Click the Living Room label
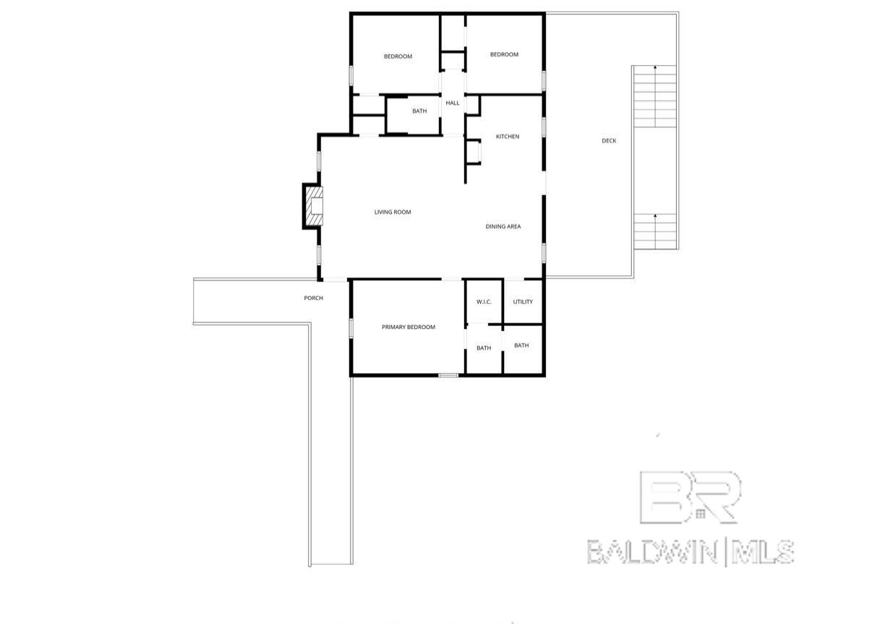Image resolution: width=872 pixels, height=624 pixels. coord(393,212)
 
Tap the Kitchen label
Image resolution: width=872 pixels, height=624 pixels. coord(507,137)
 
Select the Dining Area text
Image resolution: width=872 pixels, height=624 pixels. coord(503,226)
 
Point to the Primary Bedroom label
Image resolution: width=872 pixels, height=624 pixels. coord(409,327)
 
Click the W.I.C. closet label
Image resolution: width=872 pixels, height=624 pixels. coord(484,302)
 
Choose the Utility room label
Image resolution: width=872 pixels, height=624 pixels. coord(523,302)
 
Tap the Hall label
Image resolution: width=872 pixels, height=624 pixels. coord(453,103)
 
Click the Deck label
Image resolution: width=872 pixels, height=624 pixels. coord(609,140)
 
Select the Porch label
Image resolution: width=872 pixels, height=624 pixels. coord(313,298)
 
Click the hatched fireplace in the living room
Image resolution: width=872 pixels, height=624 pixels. coord(314,207)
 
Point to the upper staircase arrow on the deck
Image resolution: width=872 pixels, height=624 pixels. coord(656,68)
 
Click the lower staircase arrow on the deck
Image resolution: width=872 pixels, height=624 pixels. coord(656,217)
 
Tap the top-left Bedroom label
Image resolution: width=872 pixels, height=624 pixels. coord(398,56)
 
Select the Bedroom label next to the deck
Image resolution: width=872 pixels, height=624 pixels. coord(504,54)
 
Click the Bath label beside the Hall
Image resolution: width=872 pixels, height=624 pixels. coord(419,111)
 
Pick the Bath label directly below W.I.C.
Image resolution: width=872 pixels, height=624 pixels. coord(484,348)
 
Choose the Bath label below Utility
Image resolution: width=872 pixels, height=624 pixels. coord(521,345)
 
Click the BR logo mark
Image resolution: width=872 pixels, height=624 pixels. coord(690,497)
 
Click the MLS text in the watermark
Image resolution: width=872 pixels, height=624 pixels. coord(762,552)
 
